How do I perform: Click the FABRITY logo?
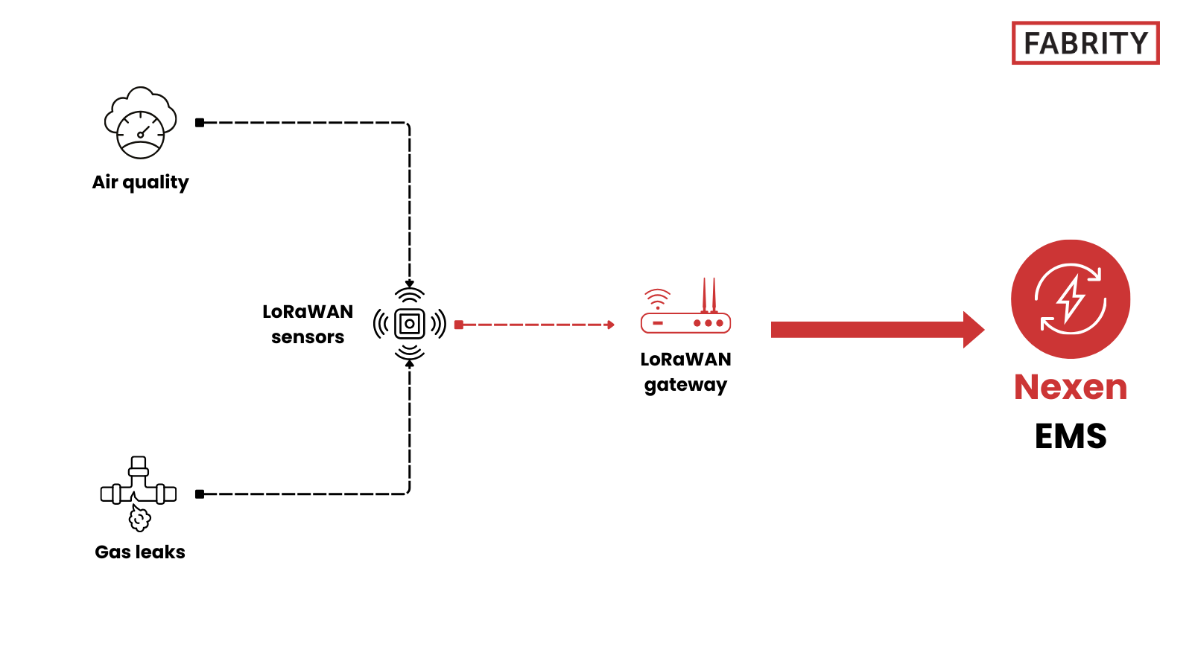coord(1085,43)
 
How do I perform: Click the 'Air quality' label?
coord(140,182)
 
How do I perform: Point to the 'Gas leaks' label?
coord(140,552)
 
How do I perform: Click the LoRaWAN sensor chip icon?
coord(409,324)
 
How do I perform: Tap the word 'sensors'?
coord(308,337)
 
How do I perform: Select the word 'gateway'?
coord(685,385)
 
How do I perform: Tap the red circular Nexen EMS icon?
coord(1070,299)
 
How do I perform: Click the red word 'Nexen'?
coord(1071,387)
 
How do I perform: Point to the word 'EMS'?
coord(1071,436)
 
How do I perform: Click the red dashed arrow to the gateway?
coord(536,325)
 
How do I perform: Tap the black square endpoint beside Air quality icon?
coord(200,123)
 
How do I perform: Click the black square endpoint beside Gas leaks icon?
coord(200,494)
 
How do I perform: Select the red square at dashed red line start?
coord(459,325)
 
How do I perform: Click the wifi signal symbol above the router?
coord(657,299)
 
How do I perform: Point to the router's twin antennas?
coord(708,295)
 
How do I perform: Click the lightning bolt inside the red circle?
coord(1071,299)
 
